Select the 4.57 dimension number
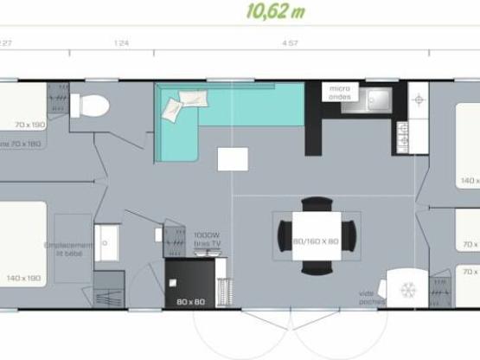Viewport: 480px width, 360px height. pos(290,42)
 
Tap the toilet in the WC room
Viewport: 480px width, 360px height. pos(91,106)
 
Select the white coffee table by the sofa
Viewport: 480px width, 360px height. pos(232,159)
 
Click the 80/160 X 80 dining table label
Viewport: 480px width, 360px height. pos(315,241)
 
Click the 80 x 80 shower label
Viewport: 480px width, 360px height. pos(189,302)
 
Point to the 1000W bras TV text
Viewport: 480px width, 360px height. pos(207,239)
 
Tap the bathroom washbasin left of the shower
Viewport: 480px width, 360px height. pos(109,236)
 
